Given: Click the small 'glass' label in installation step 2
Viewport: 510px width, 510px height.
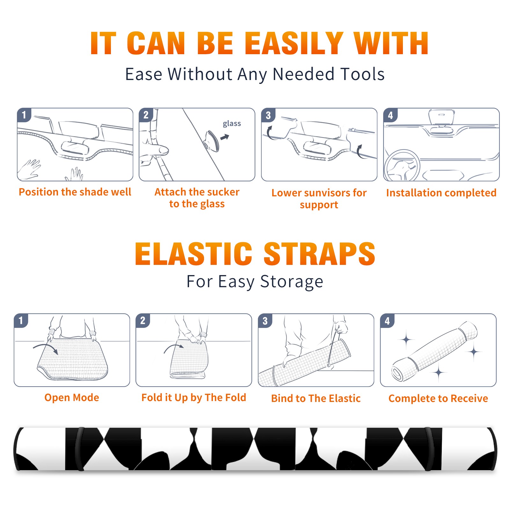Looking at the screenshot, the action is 232,124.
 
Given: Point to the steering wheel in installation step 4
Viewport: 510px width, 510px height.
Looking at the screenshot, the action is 402,166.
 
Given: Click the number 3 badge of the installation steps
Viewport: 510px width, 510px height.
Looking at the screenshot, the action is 268,115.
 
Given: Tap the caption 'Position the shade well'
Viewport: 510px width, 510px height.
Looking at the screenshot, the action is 75,192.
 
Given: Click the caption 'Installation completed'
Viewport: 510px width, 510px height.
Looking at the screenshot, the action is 441,193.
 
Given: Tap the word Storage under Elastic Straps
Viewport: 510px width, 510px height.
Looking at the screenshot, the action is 292,282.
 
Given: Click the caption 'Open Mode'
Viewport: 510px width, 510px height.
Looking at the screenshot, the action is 72,397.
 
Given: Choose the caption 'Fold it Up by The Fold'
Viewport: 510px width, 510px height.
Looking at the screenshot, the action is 194,397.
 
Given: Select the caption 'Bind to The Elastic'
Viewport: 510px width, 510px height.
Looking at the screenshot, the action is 316,398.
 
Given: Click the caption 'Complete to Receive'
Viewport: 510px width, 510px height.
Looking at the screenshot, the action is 438,398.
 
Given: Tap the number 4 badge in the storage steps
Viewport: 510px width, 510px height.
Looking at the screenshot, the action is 387,321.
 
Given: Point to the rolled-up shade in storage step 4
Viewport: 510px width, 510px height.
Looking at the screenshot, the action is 434,351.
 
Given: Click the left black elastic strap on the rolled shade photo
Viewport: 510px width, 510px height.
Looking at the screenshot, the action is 79,449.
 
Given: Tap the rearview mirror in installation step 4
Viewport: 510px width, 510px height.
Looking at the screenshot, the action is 441,118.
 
